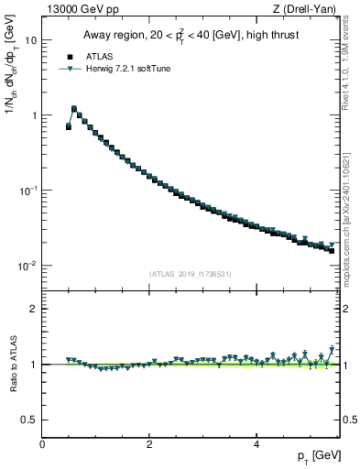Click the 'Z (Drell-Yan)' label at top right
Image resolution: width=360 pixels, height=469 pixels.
point(309,9)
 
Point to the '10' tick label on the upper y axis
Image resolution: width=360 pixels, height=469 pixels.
point(31,41)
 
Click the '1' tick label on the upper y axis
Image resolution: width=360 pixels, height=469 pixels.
point(35,116)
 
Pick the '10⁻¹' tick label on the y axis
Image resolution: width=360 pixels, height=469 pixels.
point(29,191)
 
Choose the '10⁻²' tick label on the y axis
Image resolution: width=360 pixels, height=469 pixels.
point(29,266)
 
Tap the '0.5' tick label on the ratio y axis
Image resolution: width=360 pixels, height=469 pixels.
point(30,420)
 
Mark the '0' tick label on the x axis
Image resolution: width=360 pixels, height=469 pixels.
point(42,444)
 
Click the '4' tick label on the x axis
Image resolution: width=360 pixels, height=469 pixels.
point(256,444)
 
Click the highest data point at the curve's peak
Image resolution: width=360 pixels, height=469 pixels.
point(74,109)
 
